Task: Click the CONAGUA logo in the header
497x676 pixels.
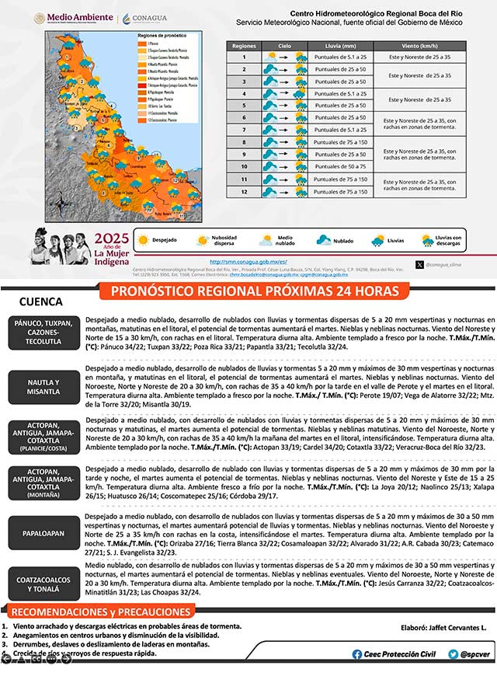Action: pyautogui.click(x=144, y=18)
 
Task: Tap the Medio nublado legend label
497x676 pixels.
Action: pyautogui.click(x=285, y=241)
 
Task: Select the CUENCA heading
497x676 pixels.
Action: pyautogui.click(x=40, y=301)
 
